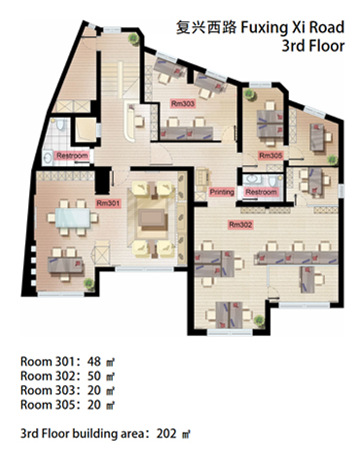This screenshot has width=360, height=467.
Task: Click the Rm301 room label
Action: coord(108,203)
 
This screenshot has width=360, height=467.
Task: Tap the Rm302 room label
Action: coord(240,225)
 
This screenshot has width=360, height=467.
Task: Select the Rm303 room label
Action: coord(183,103)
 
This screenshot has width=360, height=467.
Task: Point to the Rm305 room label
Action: coord(270,156)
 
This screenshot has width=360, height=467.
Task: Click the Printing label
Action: coord(222,192)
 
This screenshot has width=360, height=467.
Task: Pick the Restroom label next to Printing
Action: coord(261,192)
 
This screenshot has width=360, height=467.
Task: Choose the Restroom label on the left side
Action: coord(72,156)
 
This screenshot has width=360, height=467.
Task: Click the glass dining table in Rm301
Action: coord(73,218)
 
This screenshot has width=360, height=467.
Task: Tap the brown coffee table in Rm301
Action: coord(152,219)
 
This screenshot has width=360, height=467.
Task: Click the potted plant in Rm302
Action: coord(259,321)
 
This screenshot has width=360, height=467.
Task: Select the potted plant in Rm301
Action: coord(89,283)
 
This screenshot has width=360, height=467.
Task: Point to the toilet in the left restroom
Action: coord(60,125)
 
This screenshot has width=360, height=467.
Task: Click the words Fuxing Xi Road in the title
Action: coord(292,27)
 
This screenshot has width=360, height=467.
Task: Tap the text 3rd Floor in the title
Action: coord(313,46)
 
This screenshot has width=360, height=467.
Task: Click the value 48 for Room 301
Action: coord(94,361)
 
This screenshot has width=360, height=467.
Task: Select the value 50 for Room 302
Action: coord(94,376)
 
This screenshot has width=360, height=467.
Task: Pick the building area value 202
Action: coord(166,433)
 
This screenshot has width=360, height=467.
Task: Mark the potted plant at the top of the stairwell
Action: coord(133,39)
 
